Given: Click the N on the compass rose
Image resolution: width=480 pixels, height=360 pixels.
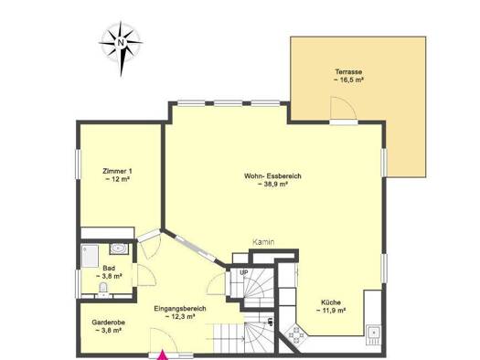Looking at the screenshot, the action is pos(121,42).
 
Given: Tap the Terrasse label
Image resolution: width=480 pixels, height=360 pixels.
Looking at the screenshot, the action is pos(348,72).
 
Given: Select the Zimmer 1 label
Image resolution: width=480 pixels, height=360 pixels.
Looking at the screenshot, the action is pos(117,171).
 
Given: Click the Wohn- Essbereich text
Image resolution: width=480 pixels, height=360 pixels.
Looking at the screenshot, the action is pos(272,176).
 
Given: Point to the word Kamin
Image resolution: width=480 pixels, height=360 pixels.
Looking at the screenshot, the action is pos(263,242).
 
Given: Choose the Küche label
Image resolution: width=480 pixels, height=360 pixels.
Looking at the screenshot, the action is pos(331,302).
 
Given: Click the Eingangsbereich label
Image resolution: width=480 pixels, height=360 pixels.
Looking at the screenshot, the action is pos(180,309).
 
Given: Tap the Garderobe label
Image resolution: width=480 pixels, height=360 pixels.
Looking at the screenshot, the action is pos(109,323).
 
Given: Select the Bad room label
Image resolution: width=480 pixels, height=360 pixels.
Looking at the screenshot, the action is pos(109,269).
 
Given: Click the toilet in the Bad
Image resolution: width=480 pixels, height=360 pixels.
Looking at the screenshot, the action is pos(103,287).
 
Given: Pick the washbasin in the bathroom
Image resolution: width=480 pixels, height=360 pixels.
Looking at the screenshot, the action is pos(119,249).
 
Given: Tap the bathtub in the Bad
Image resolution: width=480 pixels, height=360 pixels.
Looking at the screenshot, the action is pos(90,256).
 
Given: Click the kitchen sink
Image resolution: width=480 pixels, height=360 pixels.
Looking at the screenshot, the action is pos(374,334).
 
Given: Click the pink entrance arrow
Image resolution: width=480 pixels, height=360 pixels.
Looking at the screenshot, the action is pos(164,355).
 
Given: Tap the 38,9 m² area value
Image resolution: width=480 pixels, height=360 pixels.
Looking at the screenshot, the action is pos(272,185).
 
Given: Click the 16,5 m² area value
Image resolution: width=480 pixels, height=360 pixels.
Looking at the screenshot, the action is pos(348,80).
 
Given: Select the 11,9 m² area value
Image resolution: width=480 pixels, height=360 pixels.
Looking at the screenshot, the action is pos(331,310).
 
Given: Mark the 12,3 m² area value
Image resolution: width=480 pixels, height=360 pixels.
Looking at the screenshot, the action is pos(180,317).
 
